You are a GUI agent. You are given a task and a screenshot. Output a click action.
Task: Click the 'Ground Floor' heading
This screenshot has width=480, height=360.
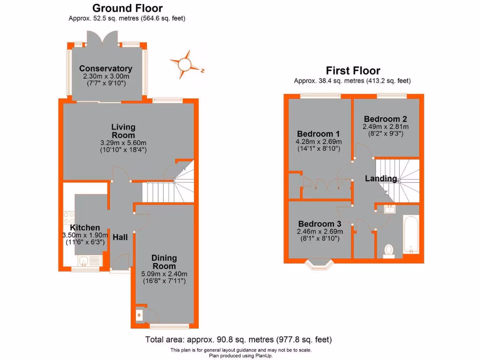127,8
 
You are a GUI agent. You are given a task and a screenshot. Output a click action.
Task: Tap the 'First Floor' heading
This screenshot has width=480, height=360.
352,71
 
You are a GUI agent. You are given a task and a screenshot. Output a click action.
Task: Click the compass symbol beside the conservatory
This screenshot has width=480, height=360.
186,64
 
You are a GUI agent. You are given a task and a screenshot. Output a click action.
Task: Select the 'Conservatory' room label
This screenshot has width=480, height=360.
105,68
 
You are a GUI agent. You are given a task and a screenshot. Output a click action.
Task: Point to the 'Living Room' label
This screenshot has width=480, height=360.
123,131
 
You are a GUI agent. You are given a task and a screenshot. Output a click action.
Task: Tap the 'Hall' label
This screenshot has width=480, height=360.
120,238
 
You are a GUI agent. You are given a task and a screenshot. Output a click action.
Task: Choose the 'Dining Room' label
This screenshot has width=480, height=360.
164,262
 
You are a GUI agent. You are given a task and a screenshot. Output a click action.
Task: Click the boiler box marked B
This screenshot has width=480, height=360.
139,315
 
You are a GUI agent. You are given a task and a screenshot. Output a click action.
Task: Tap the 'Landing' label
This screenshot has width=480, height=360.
381,179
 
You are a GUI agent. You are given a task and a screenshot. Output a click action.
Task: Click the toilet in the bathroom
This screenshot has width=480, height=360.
388,251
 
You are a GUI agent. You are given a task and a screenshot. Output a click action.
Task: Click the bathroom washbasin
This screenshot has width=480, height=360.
389,209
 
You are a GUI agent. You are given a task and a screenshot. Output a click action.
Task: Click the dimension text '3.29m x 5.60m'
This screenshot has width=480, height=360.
123,142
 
